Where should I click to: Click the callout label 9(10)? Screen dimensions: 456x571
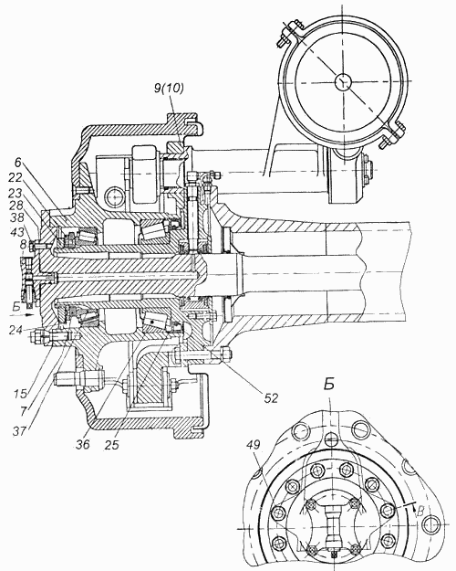pos(169,89)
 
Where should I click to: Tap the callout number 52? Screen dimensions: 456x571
pos(270,398)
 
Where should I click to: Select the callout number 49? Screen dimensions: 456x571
pos(254,445)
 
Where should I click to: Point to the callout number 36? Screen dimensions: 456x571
pos(83,444)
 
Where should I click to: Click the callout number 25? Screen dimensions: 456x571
pos(111,444)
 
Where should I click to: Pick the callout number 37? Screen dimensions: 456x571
pos(19,431)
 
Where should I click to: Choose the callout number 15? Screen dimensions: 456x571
pos(20,394)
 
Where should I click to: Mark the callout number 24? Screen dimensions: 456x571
pos(16,331)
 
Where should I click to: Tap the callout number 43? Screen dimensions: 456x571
pos(16,232)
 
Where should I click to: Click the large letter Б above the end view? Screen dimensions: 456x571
pos(329,385)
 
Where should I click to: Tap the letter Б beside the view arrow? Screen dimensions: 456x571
pos(16,307)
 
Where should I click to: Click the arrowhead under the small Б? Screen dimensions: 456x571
pos(30,314)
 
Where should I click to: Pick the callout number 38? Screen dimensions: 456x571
pos(16,217)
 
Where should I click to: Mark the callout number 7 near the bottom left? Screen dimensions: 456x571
pos(24,411)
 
